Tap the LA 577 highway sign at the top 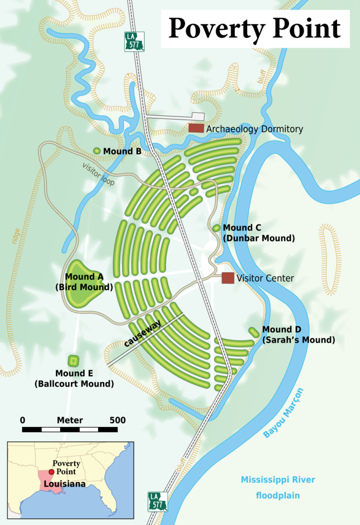134,42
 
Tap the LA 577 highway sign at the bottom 157,501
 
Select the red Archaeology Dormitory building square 196,128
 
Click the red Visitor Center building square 228,278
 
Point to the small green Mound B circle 97,151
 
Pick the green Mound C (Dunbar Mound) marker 216,228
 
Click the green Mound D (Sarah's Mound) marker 254,332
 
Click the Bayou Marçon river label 283,413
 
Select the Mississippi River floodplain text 278,488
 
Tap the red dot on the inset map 51,471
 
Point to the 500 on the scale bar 117,420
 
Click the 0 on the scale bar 23,420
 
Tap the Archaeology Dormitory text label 254,129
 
